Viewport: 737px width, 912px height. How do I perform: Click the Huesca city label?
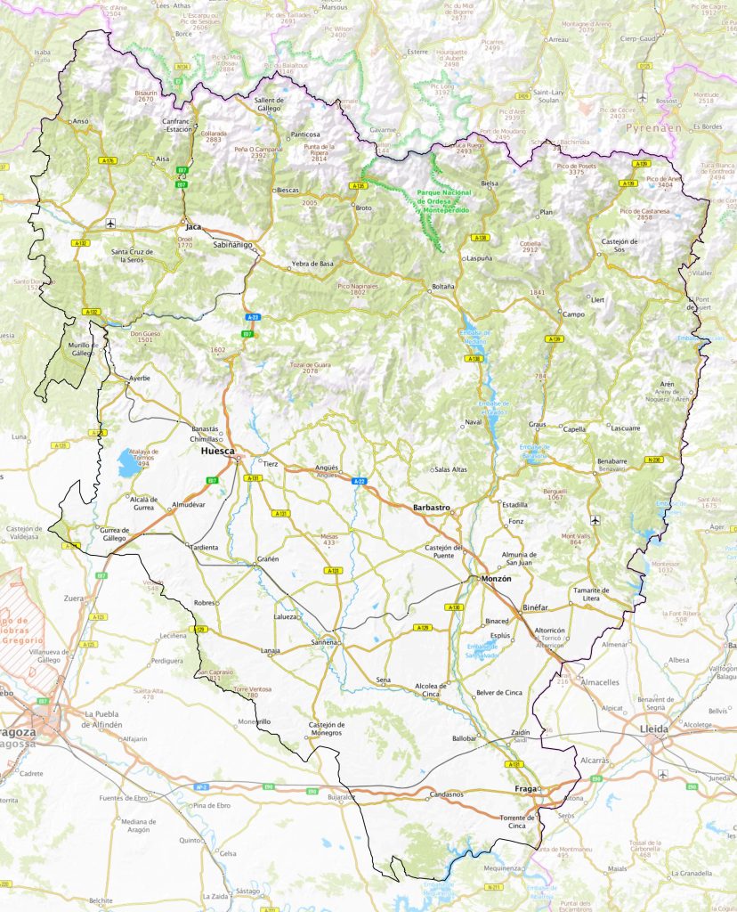tap(218, 452)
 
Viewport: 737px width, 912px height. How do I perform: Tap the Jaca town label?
tap(193, 227)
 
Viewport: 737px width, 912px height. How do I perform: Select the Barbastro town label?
tap(432, 508)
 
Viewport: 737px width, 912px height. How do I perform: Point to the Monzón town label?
tap(488, 579)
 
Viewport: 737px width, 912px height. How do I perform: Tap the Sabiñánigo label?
tap(232, 244)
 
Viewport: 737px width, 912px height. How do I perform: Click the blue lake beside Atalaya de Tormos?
tap(123, 461)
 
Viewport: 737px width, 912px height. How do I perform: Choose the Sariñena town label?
tap(324, 642)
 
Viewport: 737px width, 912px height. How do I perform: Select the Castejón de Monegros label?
tap(326, 729)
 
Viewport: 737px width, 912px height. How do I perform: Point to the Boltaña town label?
tap(442, 287)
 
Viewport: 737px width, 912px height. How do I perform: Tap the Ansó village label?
tap(81, 121)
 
